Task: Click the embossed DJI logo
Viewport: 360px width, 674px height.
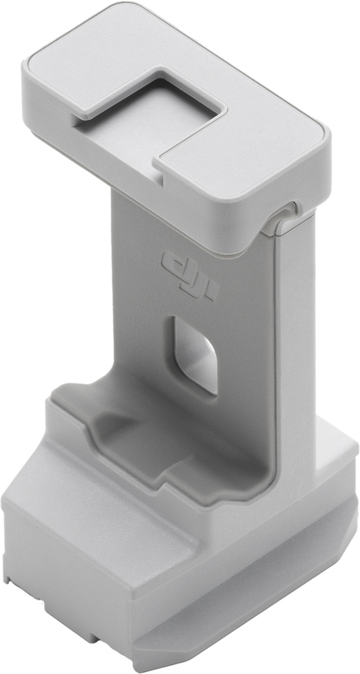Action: tap(188, 275)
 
